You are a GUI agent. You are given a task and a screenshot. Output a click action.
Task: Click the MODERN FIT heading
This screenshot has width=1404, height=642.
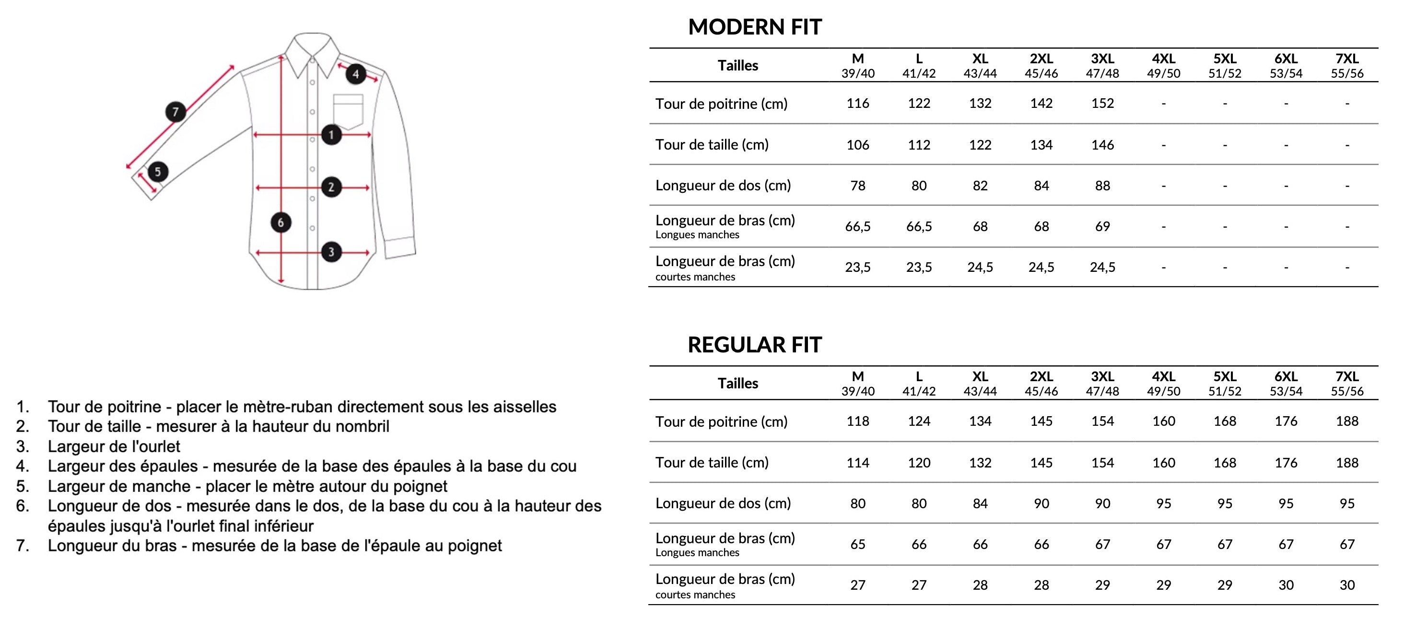point(754,27)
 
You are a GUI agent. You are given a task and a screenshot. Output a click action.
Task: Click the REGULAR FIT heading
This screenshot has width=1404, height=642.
point(754,344)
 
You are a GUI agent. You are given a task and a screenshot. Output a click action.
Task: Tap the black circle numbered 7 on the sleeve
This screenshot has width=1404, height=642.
point(175,112)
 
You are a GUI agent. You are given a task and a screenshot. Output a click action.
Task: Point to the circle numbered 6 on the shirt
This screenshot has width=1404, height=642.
point(281,222)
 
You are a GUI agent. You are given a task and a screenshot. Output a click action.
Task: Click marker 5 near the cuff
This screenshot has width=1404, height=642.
point(157,172)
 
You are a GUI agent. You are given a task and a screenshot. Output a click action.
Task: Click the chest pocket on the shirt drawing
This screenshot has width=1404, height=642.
point(348,111)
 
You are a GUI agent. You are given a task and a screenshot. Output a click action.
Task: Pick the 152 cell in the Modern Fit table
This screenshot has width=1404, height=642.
point(1102,103)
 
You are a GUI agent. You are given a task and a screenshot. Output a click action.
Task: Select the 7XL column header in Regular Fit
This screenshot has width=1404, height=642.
point(1347,383)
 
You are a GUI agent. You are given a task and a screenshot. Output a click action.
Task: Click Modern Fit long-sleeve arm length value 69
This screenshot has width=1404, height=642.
point(1102,226)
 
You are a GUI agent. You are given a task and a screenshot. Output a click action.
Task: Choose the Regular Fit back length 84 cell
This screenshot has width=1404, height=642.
point(980,503)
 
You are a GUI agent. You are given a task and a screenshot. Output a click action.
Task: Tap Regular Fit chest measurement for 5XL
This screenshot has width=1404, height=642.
point(1225,421)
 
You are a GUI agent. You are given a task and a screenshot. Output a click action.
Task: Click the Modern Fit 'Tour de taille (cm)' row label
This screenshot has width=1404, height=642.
point(712,144)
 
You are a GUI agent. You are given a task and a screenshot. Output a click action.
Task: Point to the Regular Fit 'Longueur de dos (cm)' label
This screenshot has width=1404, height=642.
point(723,503)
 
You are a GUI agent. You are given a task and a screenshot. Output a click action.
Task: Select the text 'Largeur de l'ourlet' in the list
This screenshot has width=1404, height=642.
point(114,446)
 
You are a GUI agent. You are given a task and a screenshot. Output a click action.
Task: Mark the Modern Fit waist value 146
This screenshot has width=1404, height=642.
point(1102,144)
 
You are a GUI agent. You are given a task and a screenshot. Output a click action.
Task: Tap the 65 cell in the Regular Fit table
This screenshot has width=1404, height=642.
point(858,544)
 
